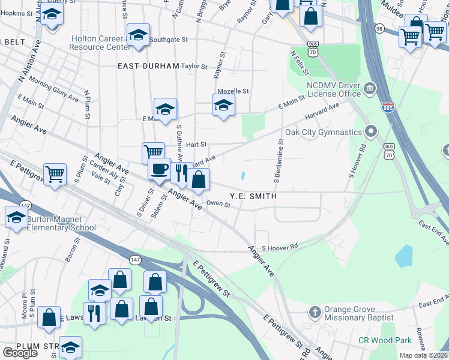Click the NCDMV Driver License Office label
click(x=334, y=89)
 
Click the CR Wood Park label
click(x=385, y=341)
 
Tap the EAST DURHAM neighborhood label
click(x=149, y=66)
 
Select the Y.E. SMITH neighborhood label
click(x=253, y=196)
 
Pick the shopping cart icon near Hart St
click(x=153, y=152)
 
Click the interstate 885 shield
click(x=388, y=107)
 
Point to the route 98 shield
click(x=379, y=28)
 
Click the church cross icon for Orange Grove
click(x=315, y=312)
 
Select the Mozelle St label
click(x=233, y=91)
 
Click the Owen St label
click(x=218, y=205)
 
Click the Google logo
click(x=20, y=353)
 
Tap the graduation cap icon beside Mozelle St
click(x=223, y=106)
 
